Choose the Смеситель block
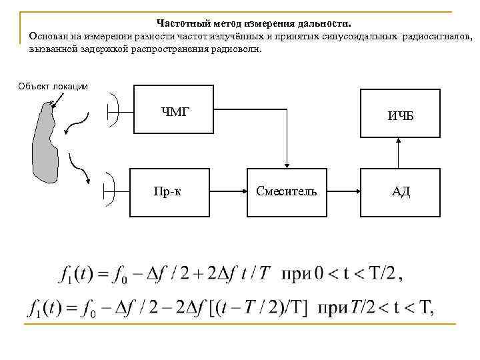(x=287, y=192)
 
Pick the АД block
(x=401, y=192)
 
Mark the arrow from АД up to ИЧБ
(x=397, y=153)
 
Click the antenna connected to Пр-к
(x=111, y=191)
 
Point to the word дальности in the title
(x=331, y=22)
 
